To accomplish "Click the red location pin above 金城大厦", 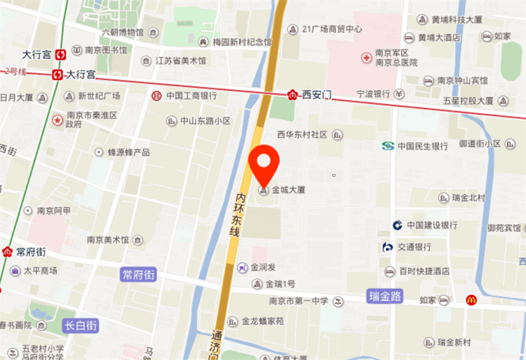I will pyautogui.click(x=265, y=161).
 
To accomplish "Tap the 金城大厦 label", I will pyautogui.click(x=289, y=191).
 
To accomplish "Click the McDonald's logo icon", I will pyautogui.click(x=471, y=300).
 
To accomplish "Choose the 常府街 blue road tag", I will pyautogui.click(x=139, y=274).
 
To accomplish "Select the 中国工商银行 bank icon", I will pyautogui.click(x=156, y=96).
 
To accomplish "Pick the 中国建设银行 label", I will pyautogui.click(x=431, y=225).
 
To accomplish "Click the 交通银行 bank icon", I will pyautogui.click(x=388, y=248).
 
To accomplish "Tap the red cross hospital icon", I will pyautogui.click(x=366, y=58).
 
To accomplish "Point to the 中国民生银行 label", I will pyautogui.click(x=422, y=146).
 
